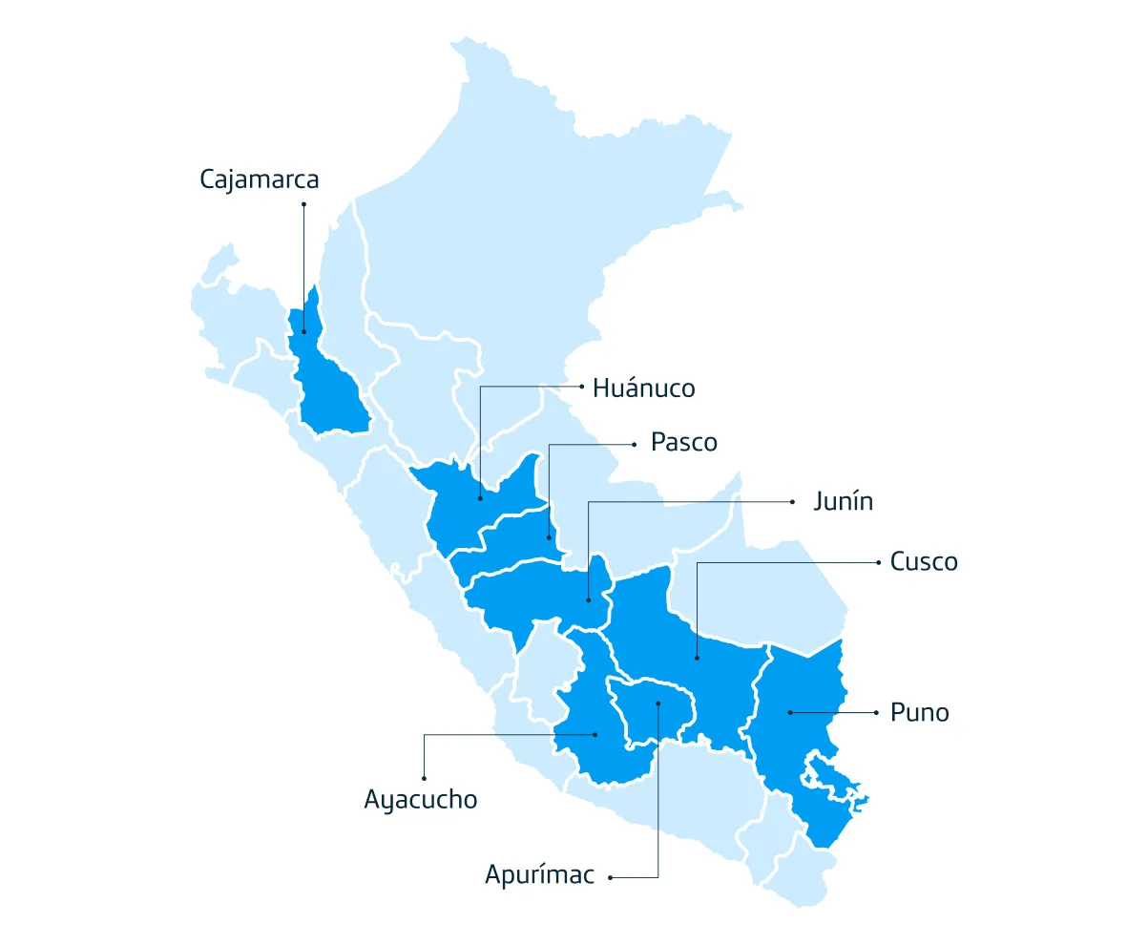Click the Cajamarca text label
[259, 179]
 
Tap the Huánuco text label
[643, 388]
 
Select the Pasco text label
[683, 443]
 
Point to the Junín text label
[843, 502]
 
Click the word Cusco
[923, 562]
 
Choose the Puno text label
[919, 712]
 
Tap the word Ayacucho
[420, 799]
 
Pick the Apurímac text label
[539, 875]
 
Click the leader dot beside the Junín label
[792, 501]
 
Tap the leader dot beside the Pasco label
[632, 444]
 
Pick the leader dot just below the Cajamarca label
[303, 204]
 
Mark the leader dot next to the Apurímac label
[611, 876]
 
